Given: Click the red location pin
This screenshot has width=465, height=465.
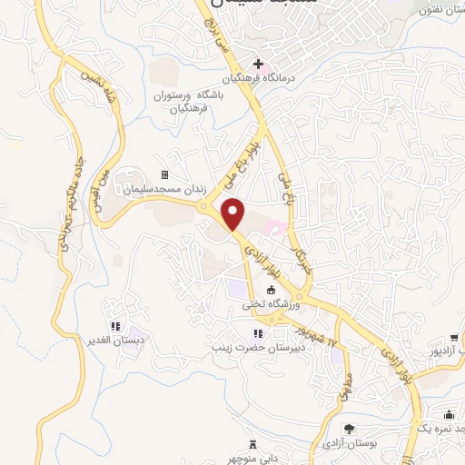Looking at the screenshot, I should click(234, 213).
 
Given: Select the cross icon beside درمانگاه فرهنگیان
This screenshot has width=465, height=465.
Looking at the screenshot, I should click(258, 64).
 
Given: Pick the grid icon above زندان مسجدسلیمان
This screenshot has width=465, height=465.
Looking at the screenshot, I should click(164, 174).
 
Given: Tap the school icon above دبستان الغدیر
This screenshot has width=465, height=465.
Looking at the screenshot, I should click(114, 326).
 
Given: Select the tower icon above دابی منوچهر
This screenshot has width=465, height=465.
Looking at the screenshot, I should click(253, 443).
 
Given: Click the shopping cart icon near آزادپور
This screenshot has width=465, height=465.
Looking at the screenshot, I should click(453, 337).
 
